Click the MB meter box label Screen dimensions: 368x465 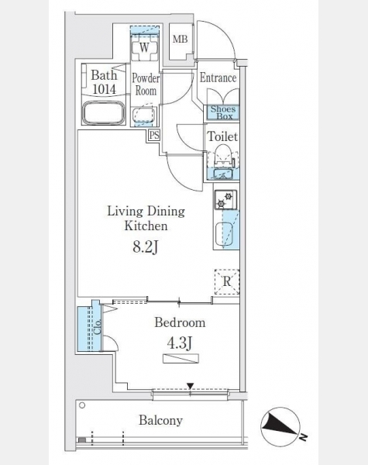[181, 39]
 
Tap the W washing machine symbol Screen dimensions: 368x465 [144, 47]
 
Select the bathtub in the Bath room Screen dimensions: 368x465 [103, 113]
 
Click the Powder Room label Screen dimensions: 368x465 [146, 84]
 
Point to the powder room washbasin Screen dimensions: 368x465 [144, 115]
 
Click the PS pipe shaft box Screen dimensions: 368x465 [154, 135]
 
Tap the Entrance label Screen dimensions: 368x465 [218, 78]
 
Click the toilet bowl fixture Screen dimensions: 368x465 [223, 154]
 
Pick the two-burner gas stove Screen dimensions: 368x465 [225, 200]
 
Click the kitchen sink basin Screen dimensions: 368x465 [225, 233]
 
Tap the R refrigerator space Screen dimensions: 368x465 [227, 281]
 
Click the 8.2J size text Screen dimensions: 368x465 [145, 246]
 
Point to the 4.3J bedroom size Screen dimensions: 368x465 [180, 343]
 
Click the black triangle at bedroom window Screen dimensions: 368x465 [190, 386]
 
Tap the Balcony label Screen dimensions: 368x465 [160, 421]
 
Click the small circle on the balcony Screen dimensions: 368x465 [82, 405]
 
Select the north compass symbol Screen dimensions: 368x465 [280, 427]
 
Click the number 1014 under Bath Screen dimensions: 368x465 [104, 89]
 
